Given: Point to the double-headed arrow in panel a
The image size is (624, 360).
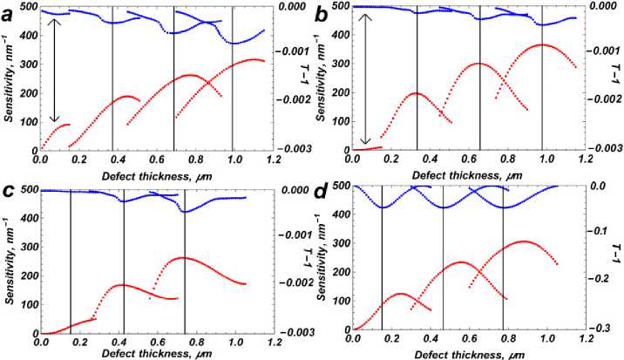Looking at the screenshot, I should (55, 70).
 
